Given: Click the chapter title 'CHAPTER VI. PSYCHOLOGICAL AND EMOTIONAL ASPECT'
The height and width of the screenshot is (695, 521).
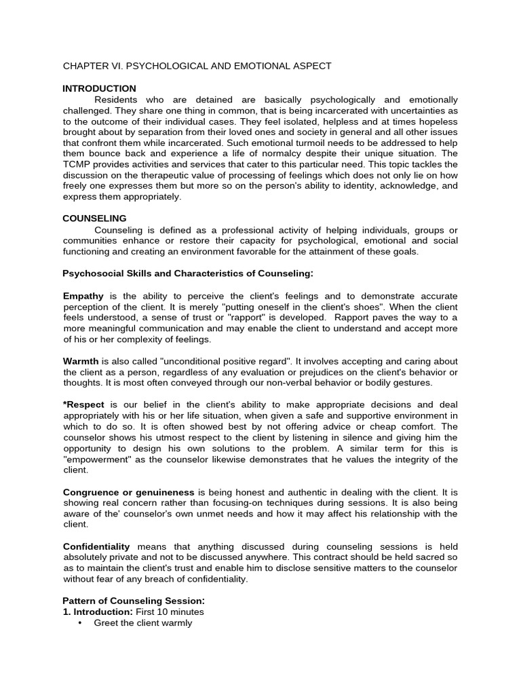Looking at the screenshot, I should click(x=197, y=66).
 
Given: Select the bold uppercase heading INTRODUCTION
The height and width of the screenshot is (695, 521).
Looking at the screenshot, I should click(x=99, y=88).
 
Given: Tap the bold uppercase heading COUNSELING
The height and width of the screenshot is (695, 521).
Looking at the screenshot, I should click(x=94, y=219).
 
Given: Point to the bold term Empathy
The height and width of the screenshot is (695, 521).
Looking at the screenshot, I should click(x=83, y=296).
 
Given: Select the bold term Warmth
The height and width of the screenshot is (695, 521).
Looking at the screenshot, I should click(x=81, y=361).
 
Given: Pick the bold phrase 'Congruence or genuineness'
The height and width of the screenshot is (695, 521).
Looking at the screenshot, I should click(x=129, y=491).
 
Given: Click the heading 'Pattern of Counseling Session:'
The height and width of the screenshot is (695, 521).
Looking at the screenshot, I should click(x=133, y=601).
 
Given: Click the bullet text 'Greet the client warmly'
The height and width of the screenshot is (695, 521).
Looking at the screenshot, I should click(x=143, y=622).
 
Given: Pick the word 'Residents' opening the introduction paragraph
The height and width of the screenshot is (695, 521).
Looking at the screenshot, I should click(x=116, y=99).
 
